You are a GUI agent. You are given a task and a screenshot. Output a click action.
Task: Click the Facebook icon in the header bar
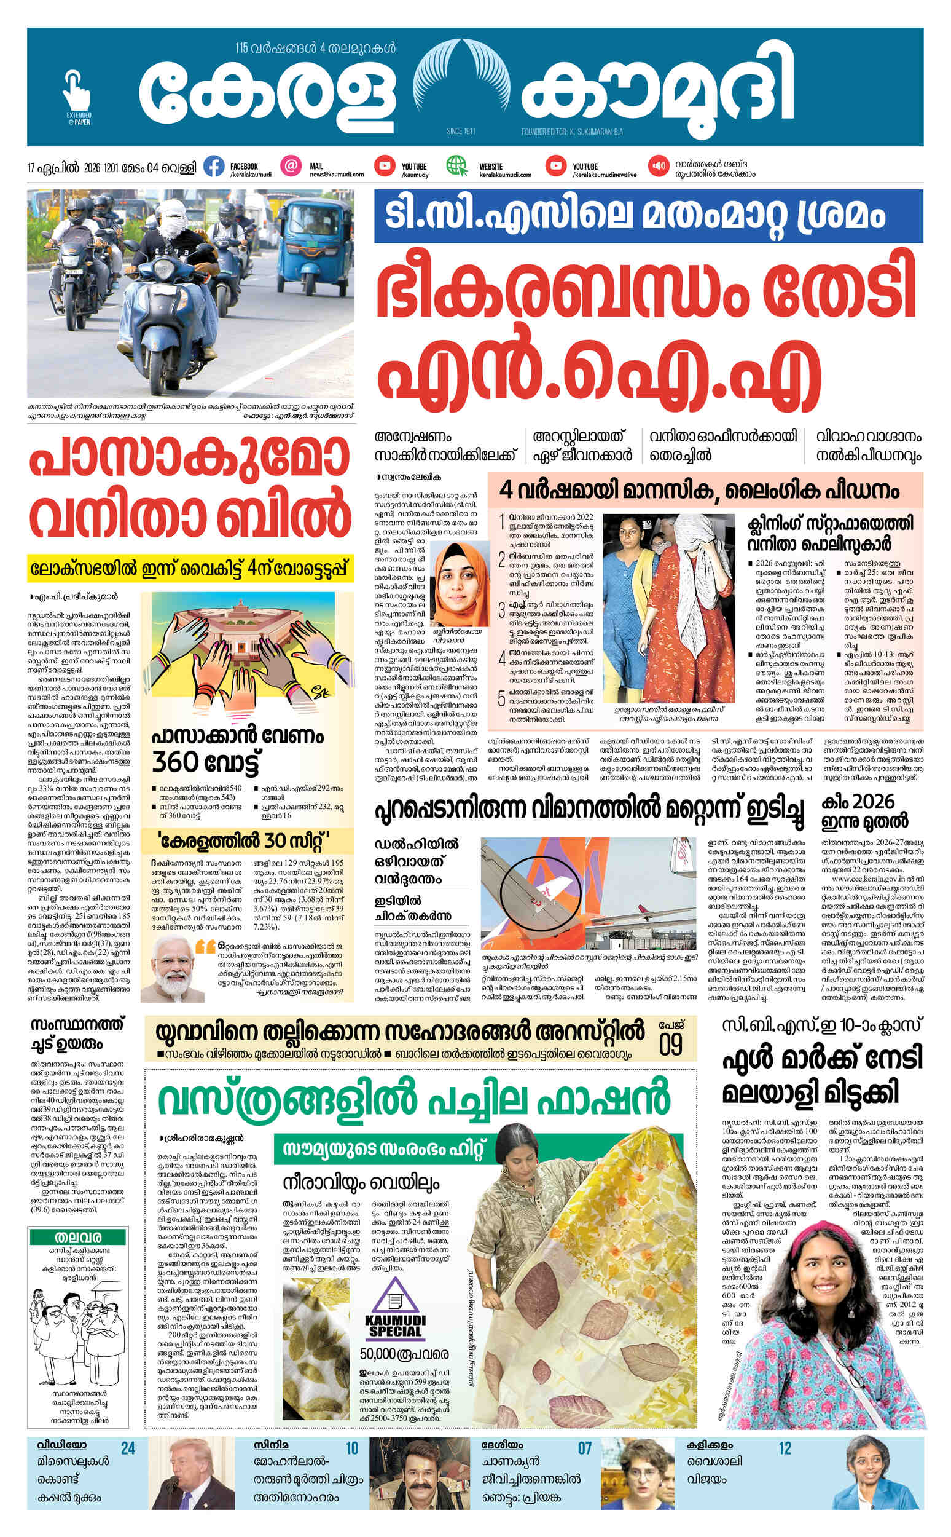[x=214, y=167]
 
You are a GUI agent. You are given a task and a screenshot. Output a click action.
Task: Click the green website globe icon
[x=456, y=166]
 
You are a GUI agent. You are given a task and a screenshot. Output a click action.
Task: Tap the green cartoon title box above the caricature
[x=79, y=1237]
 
